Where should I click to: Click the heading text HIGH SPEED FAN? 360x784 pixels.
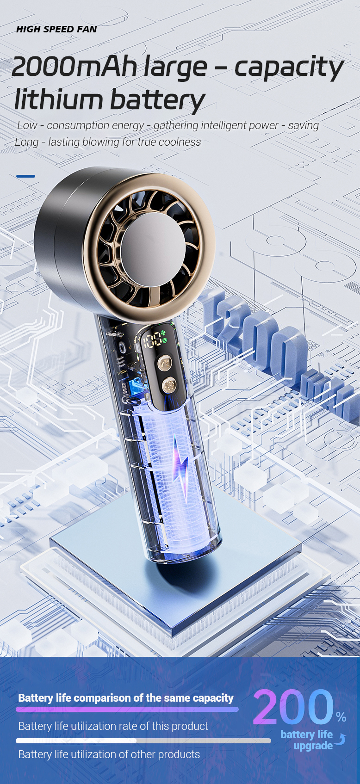(x=56, y=29)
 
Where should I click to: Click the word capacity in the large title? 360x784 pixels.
(x=289, y=69)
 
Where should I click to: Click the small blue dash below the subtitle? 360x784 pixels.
(x=25, y=176)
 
